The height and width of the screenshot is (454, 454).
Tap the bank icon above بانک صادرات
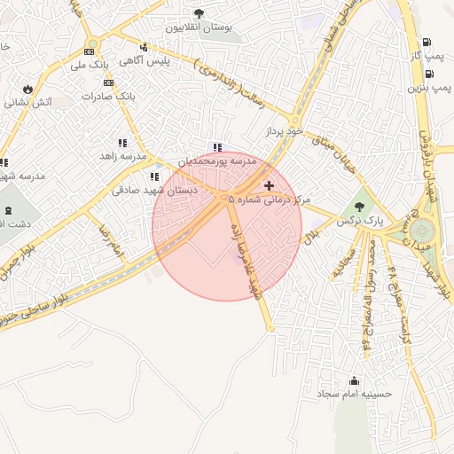coord(109,82)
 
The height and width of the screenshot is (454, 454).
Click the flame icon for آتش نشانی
coord(27,89)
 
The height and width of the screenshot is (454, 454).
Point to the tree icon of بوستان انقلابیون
coord(198,13)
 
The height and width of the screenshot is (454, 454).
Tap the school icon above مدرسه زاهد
coord(122,143)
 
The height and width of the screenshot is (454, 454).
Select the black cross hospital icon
coord(270,185)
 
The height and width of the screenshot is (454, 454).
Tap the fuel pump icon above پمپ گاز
coord(427,42)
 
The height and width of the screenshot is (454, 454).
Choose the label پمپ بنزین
coord(429,89)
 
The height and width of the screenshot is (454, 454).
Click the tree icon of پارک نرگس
coord(358,207)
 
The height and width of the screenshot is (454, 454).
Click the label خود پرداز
coord(283,131)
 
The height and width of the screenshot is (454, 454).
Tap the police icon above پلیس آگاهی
coord(144,47)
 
